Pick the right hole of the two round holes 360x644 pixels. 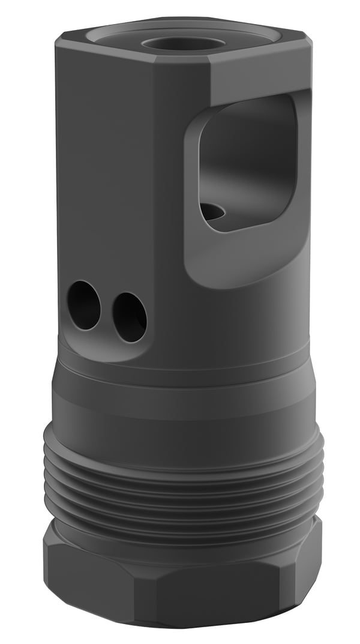pos(130,317)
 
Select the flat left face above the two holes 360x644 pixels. pos(108,180)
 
